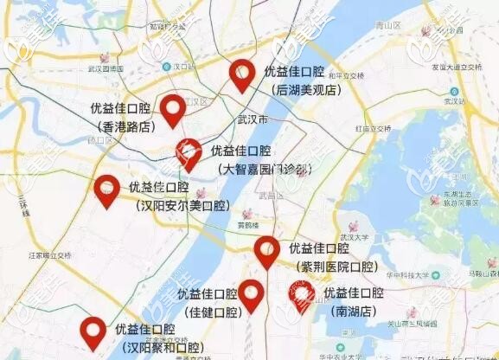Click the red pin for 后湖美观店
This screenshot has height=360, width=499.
tap(242, 74)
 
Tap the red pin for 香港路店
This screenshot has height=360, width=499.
tap(173, 109)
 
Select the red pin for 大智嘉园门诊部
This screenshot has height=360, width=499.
tap(189, 152)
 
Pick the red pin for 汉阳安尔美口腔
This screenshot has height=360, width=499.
tap(106, 190)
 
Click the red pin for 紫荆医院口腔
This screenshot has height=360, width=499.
tap(267, 251)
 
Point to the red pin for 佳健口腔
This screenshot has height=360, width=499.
tap(252, 294)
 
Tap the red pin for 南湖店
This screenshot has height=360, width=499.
tap(302, 296)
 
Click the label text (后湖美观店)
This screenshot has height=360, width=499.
tap(305, 89)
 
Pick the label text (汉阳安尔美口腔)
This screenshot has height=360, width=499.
tap(183, 206)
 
